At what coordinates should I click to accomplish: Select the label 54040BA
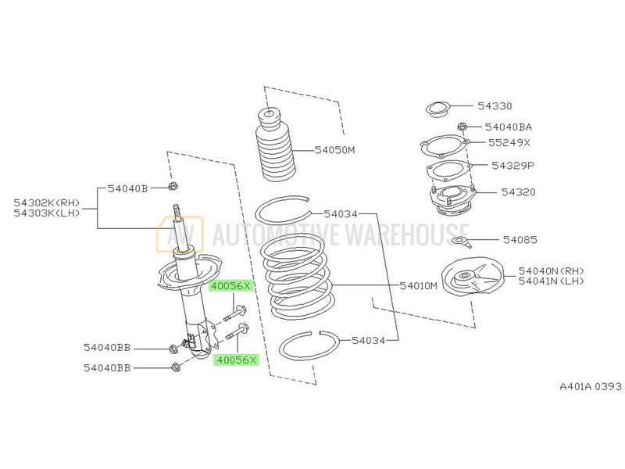(x=509, y=127)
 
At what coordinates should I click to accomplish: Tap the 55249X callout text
(x=509, y=144)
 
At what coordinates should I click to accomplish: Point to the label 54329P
(x=512, y=166)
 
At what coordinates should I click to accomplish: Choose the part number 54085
(x=520, y=239)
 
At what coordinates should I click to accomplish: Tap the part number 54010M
(x=419, y=286)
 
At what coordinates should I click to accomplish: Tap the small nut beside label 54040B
(x=174, y=187)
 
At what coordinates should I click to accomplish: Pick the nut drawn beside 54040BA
(x=462, y=127)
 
